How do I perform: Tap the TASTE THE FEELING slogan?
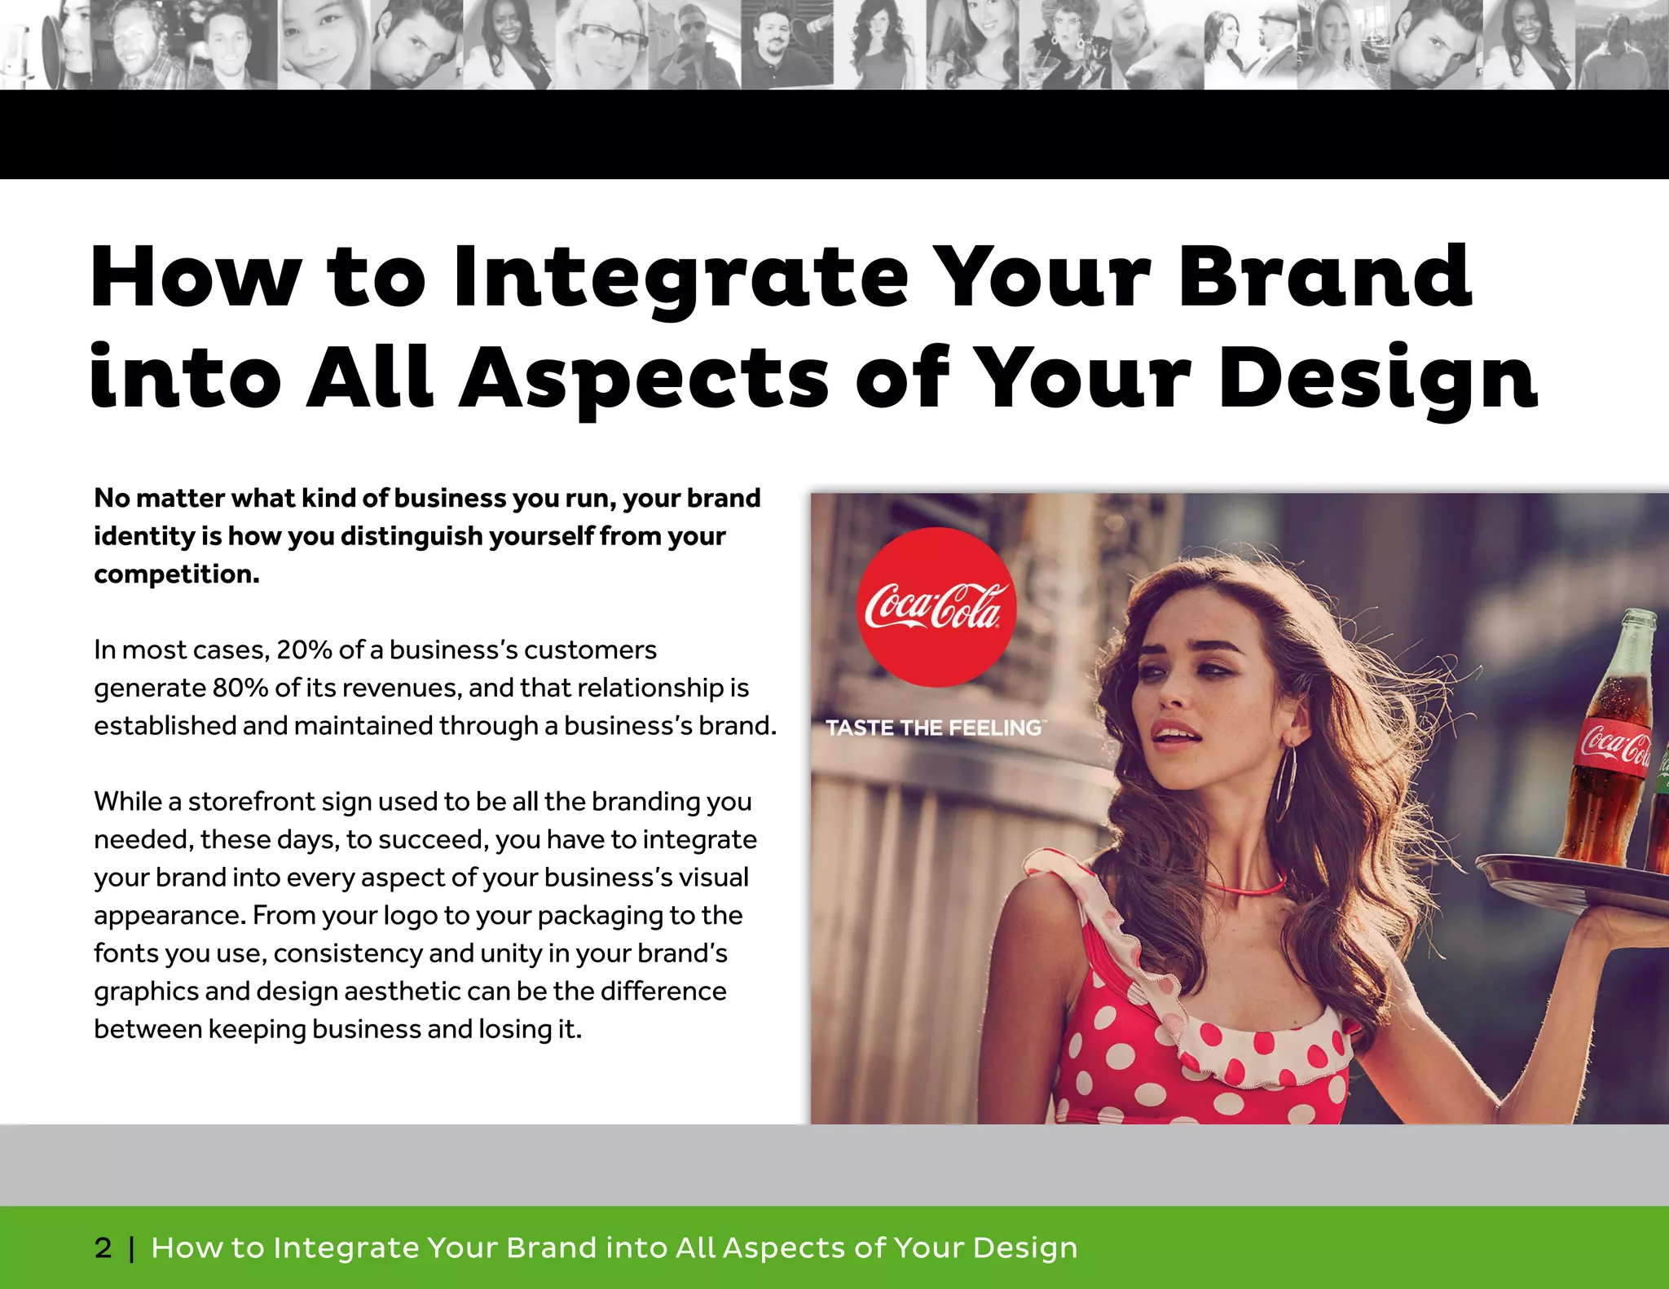pos(934,728)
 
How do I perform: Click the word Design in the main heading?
pos(1377,378)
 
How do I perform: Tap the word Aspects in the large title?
pos(644,378)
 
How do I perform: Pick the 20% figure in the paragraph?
pos(304,650)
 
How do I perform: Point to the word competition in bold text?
pos(176,574)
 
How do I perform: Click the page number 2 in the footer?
pos(103,1247)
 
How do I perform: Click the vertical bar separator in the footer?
pos(131,1248)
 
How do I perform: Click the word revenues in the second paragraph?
pos(394,688)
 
